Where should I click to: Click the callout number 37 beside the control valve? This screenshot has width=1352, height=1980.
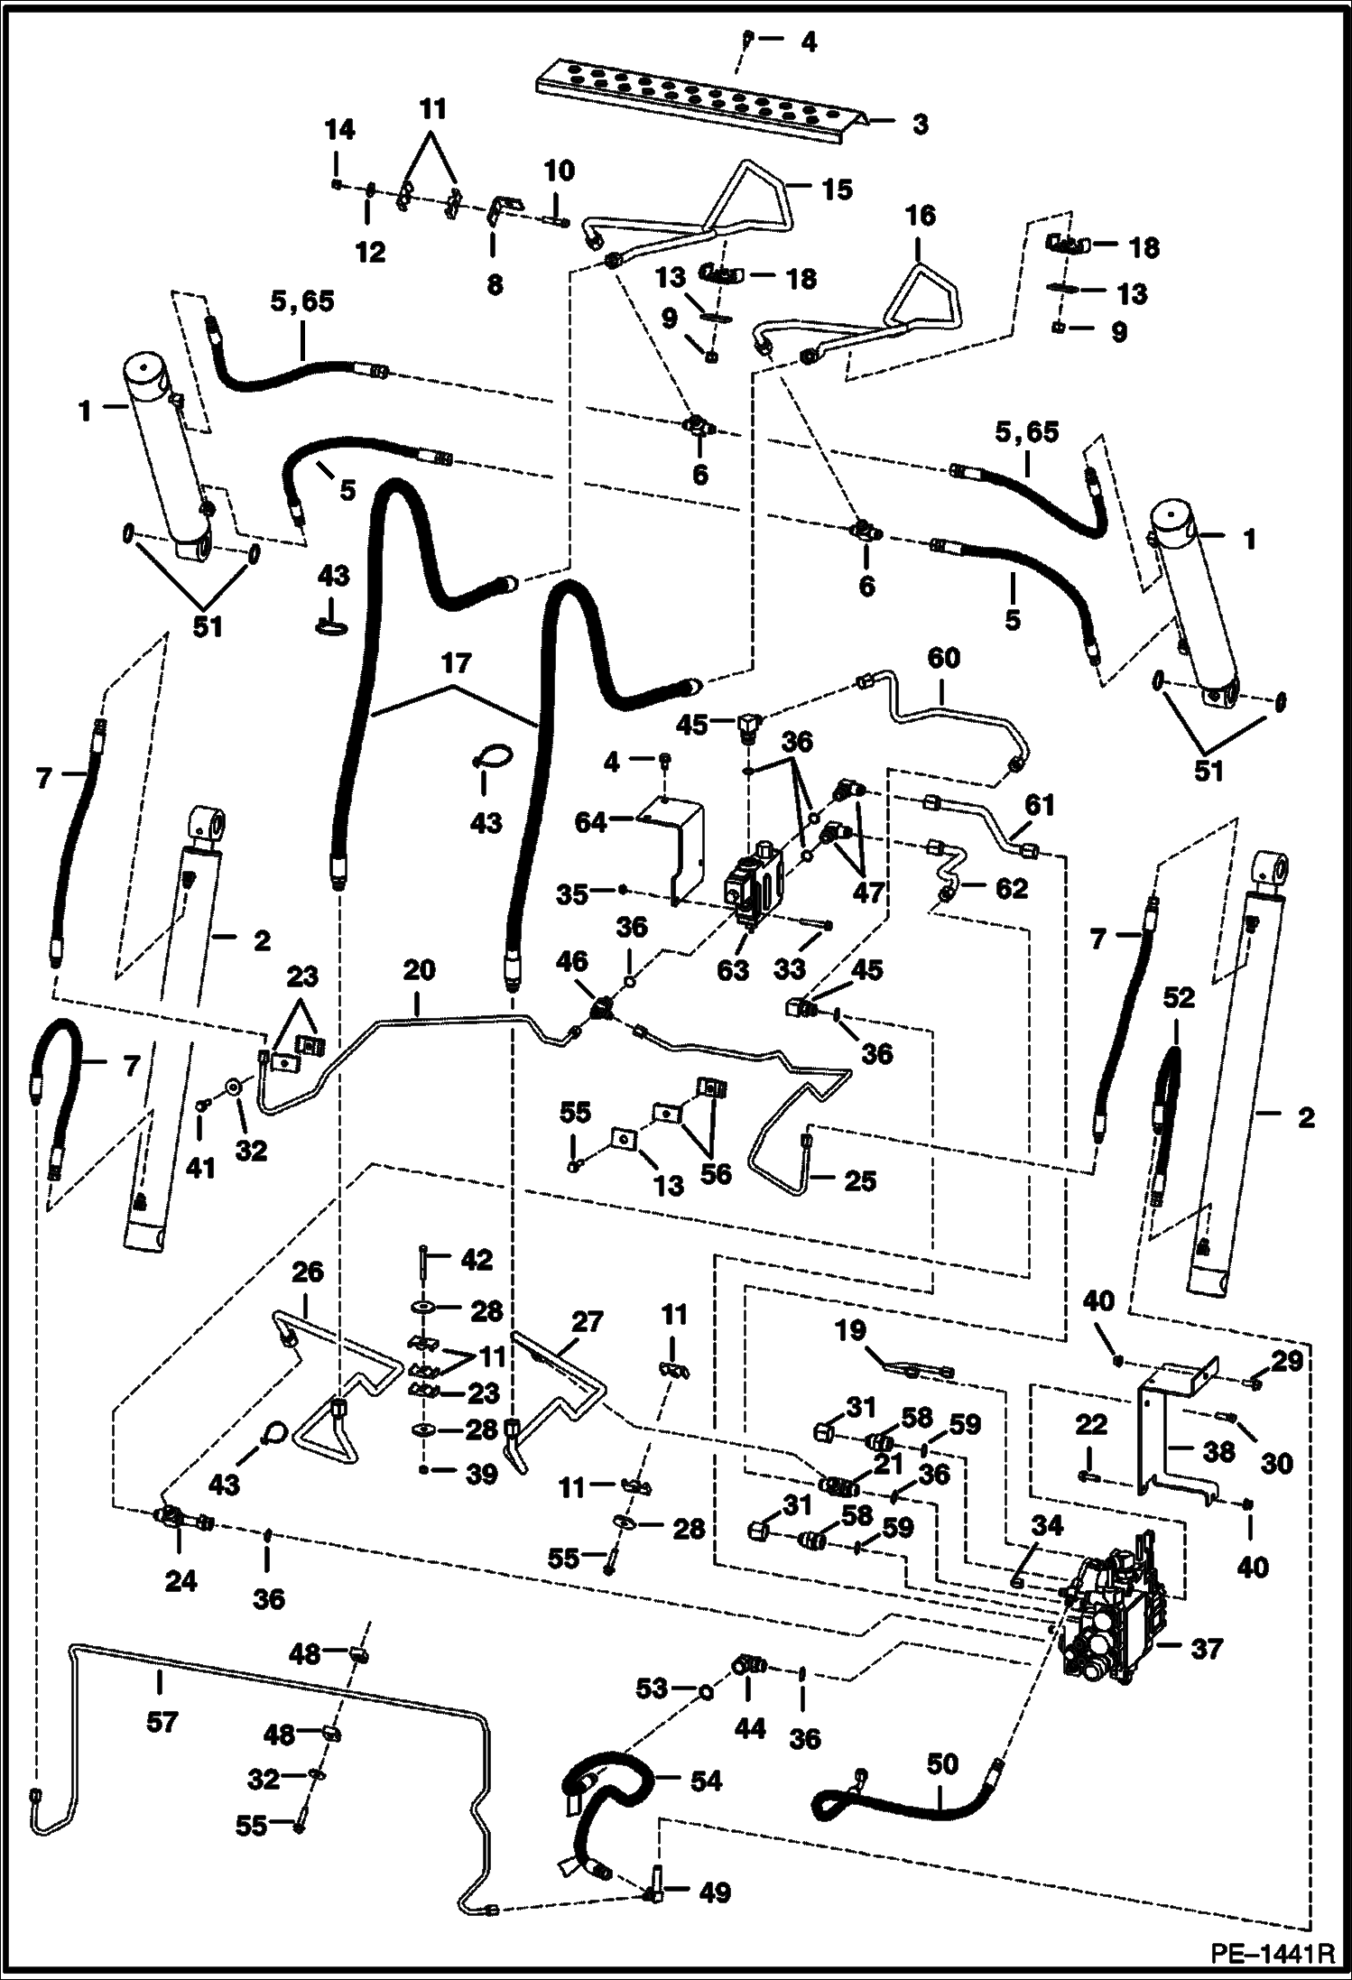tap(1206, 1649)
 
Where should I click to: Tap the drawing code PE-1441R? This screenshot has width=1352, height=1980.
tap(1271, 1954)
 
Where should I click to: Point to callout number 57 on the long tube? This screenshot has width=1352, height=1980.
tap(162, 1722)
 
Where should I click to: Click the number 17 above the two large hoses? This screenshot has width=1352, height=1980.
tap(457, 663)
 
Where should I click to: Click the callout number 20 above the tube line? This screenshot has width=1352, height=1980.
tap(419, 970)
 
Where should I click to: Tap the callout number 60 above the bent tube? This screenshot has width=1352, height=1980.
tap(943, 658)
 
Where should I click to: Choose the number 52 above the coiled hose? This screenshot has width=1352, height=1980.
tap(1179, 997)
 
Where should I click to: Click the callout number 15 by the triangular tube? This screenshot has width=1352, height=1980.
tap(837, 190)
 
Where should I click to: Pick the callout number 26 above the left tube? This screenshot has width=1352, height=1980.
tap(308, 1272)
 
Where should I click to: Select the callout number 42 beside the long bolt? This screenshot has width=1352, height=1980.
tap(477, 1259)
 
